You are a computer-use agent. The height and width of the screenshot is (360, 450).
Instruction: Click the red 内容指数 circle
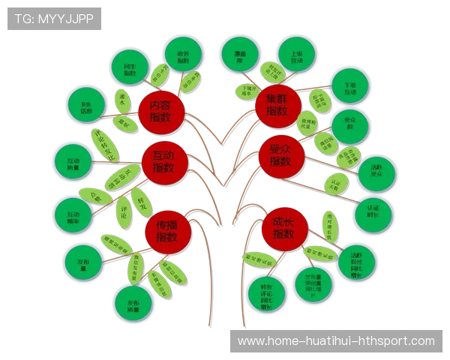pos(160,112)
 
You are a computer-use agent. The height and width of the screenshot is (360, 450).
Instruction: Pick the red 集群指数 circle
pos(277,105)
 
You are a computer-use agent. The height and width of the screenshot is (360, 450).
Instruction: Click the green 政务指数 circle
pos(182,55)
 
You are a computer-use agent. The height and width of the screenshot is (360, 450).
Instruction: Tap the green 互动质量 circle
pos(73,162)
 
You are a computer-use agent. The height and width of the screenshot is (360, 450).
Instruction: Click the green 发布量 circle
pos(82,261)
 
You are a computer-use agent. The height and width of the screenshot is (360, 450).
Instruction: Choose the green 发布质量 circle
pos(135,301)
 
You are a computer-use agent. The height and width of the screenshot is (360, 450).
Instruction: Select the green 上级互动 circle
pos(293,57)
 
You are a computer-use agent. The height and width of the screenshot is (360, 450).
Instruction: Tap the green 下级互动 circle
pos(349,88)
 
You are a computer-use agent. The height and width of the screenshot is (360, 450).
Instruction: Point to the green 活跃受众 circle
pos(376,173)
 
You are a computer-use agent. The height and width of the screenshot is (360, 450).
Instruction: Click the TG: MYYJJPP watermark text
pos(54,18)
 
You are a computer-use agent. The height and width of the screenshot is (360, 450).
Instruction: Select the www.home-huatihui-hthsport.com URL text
pos(336,341)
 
